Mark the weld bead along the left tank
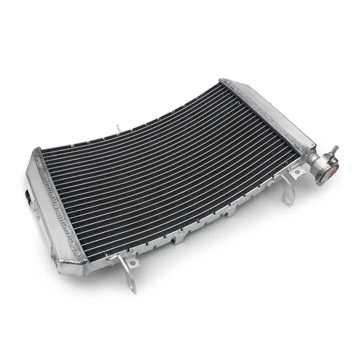[56, 202]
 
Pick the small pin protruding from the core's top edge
[117, 128]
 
